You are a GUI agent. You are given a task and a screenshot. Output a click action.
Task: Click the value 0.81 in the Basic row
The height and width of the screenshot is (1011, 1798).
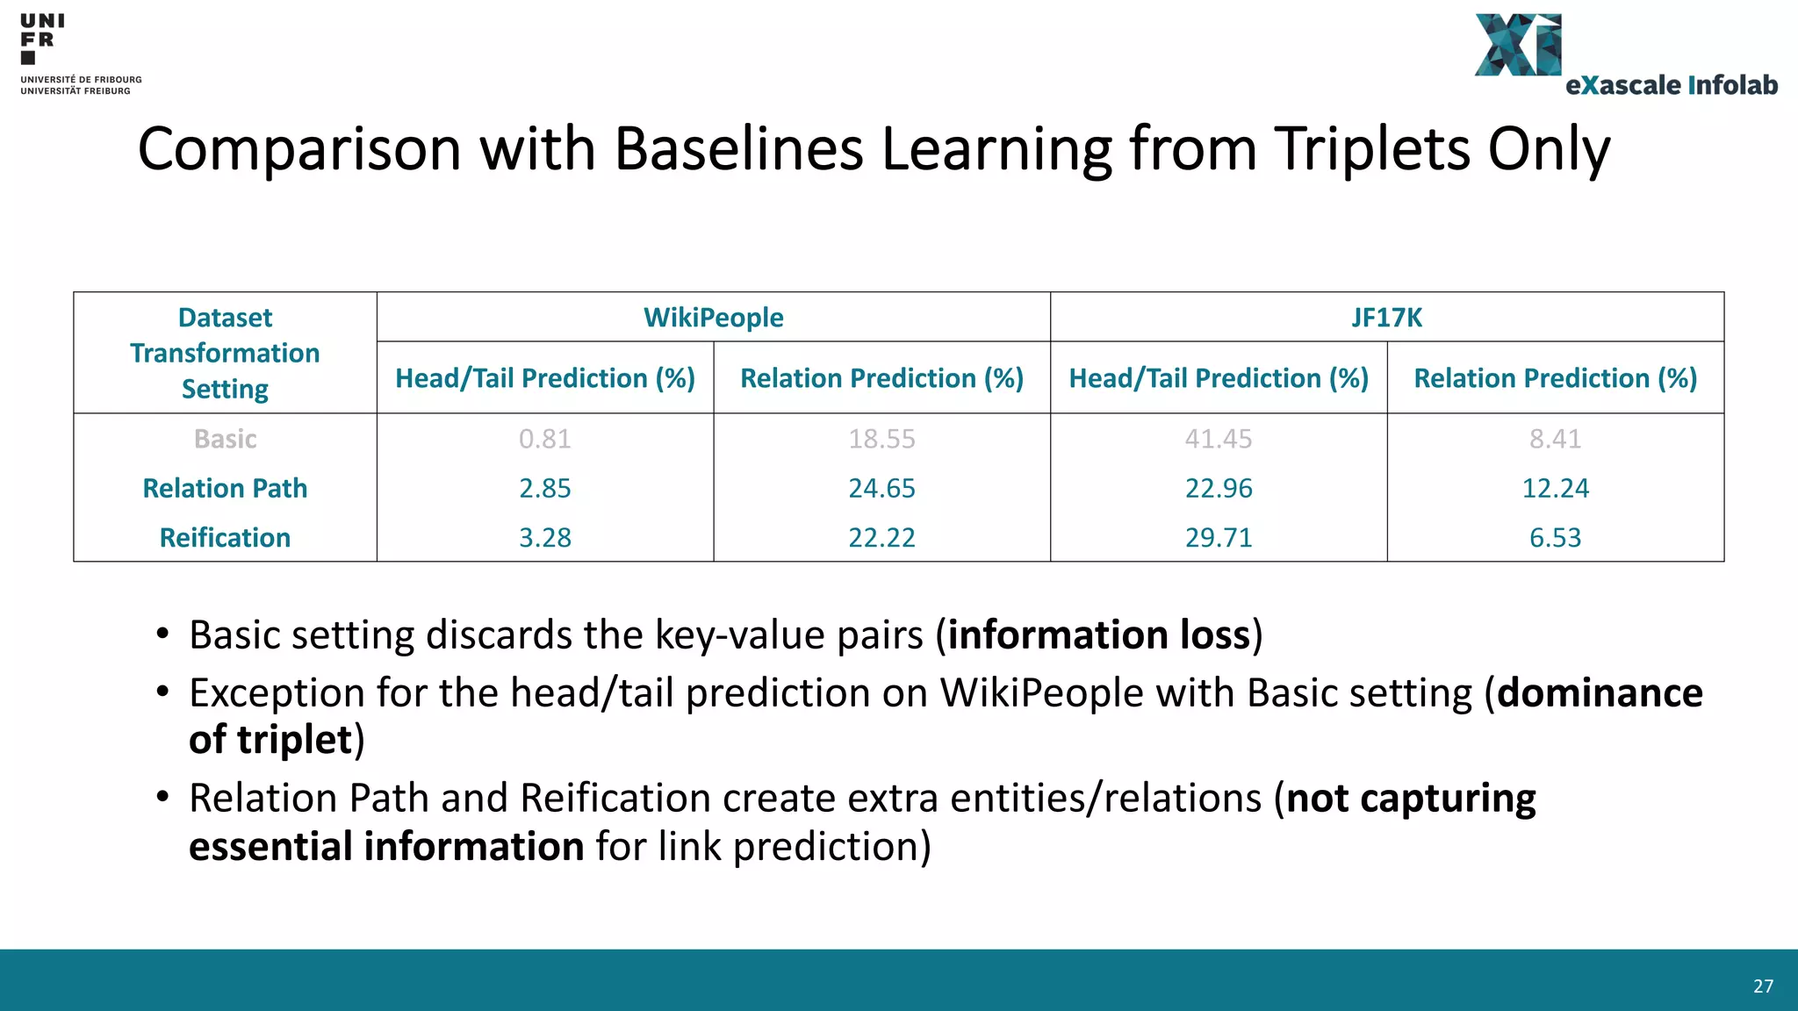coord(544,439)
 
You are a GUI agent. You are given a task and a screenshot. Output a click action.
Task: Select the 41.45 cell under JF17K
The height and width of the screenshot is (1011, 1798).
coord(1218,439)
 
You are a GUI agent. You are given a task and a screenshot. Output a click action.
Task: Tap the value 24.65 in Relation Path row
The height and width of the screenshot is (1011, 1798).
coord(881,488)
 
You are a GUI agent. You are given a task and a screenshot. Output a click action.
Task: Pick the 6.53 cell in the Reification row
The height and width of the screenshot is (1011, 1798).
coord(1555,537)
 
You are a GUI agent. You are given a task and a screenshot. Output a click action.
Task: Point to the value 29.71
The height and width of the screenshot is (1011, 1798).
coord(1218,537)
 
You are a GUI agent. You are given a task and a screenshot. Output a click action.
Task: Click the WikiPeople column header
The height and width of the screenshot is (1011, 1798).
coord(713,317)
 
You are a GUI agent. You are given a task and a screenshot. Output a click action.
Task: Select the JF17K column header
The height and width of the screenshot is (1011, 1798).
coord(1386,317)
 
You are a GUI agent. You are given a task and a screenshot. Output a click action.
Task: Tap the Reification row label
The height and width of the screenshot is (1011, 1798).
coord(225,537)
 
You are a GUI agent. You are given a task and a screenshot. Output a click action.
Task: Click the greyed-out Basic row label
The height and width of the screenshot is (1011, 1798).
coord(225,439)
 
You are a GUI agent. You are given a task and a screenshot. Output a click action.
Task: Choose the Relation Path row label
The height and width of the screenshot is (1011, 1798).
coord(225,488)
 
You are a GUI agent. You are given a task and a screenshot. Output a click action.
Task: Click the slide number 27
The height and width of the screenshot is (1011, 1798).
coord(1763,986)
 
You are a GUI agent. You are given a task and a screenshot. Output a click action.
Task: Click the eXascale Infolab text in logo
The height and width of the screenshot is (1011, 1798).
coord(1671,85)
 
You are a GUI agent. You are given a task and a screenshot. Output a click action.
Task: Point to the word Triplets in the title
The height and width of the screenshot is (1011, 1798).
coord(1371,148)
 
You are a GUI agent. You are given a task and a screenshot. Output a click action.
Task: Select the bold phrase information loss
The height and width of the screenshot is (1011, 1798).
coord(1098,635)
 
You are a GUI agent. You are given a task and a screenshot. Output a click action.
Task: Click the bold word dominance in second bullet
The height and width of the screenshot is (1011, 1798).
coord(1600,692)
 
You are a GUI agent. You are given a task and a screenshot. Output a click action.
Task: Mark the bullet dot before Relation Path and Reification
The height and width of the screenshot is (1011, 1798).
coord(162,797)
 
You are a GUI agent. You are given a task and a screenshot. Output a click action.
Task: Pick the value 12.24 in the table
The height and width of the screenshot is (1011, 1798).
coord(1555,488)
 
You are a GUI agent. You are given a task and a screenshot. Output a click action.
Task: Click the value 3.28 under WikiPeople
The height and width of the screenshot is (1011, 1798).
coord(544,537)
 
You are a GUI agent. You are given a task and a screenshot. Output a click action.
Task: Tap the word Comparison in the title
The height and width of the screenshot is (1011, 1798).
coord(299,148)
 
